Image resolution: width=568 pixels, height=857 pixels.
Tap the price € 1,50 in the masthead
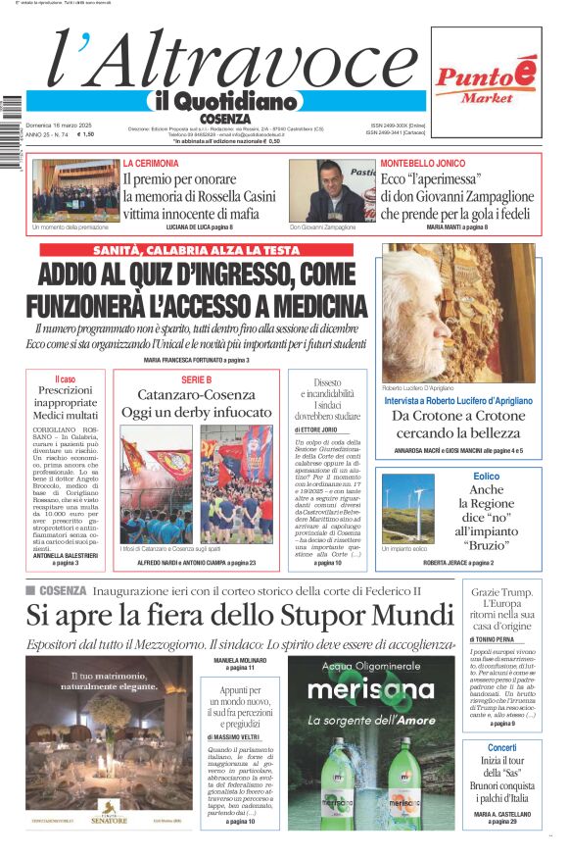tap(85, 134)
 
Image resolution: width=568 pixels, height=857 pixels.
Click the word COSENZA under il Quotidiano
tap(224, 119)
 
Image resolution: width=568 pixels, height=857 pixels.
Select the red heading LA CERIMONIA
tap(151, 163)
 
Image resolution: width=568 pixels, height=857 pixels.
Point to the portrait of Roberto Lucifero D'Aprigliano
tap(458, 313)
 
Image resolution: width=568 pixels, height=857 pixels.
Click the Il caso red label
tap(66, 378)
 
